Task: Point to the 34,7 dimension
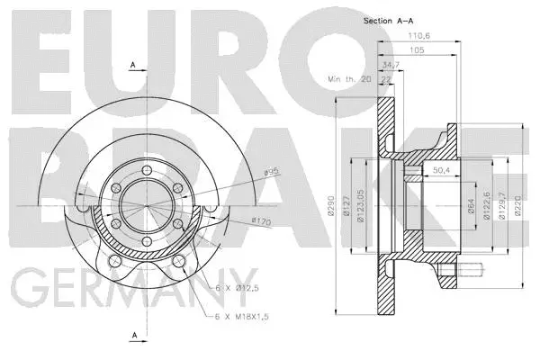(390, 66)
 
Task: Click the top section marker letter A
(133, 65)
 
